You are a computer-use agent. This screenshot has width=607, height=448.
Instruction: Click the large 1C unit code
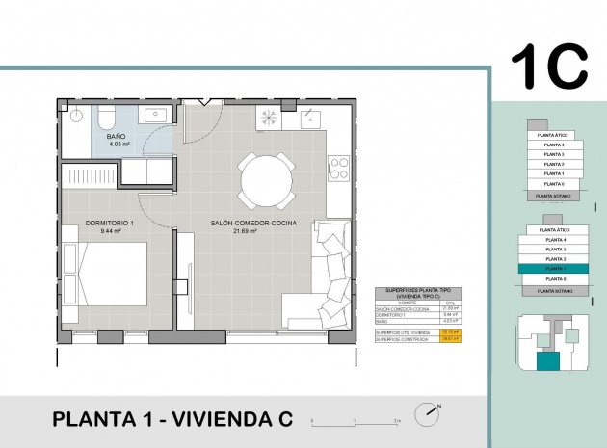click(x=548, y=65)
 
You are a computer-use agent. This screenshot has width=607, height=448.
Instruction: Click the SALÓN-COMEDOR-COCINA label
click(x=252, y=224)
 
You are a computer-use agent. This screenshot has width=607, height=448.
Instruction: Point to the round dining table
click(x=264, y=178)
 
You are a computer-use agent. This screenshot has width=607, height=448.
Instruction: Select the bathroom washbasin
click(x=157, y=116)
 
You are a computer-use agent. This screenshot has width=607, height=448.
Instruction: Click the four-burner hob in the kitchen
click(x=338, y=169)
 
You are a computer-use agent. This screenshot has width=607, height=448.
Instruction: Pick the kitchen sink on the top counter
click(x=310, y=119)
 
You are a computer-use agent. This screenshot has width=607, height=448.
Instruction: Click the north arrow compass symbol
click(x=427, y=414)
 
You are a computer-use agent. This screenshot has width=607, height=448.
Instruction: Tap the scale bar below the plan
click(x=357, y=421)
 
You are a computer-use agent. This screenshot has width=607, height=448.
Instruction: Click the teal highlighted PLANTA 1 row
click(x=554, y=269)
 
